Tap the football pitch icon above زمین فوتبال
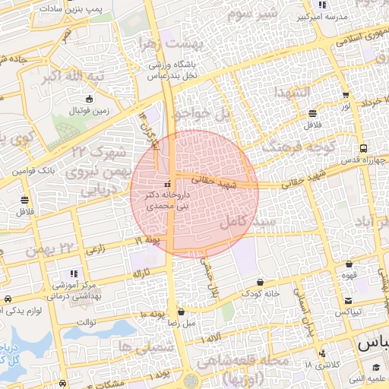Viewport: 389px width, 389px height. (x=90, y=100)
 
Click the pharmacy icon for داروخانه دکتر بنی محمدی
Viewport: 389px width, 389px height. (x=167, y=185)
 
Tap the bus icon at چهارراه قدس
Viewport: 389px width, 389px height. (x=364, y=148)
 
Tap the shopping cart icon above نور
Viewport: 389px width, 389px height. (x=346, y=96)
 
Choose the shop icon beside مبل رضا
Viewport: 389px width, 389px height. (x=181, y=312)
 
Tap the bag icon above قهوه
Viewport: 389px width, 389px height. (x=349, y=264)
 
